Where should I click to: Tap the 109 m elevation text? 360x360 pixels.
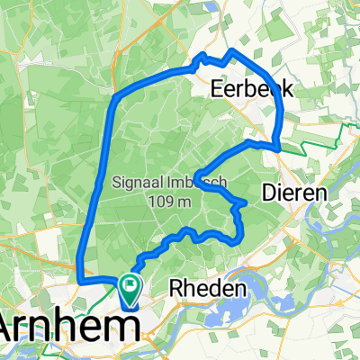pos(169,202)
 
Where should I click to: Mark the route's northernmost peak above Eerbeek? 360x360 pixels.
pos(234,50)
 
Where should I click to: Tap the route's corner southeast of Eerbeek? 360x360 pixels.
pos(279,145)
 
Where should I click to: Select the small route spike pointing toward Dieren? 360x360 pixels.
pos(245,206)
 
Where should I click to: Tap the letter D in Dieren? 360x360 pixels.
pos(268,192)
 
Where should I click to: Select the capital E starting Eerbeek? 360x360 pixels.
pos(216,89)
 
